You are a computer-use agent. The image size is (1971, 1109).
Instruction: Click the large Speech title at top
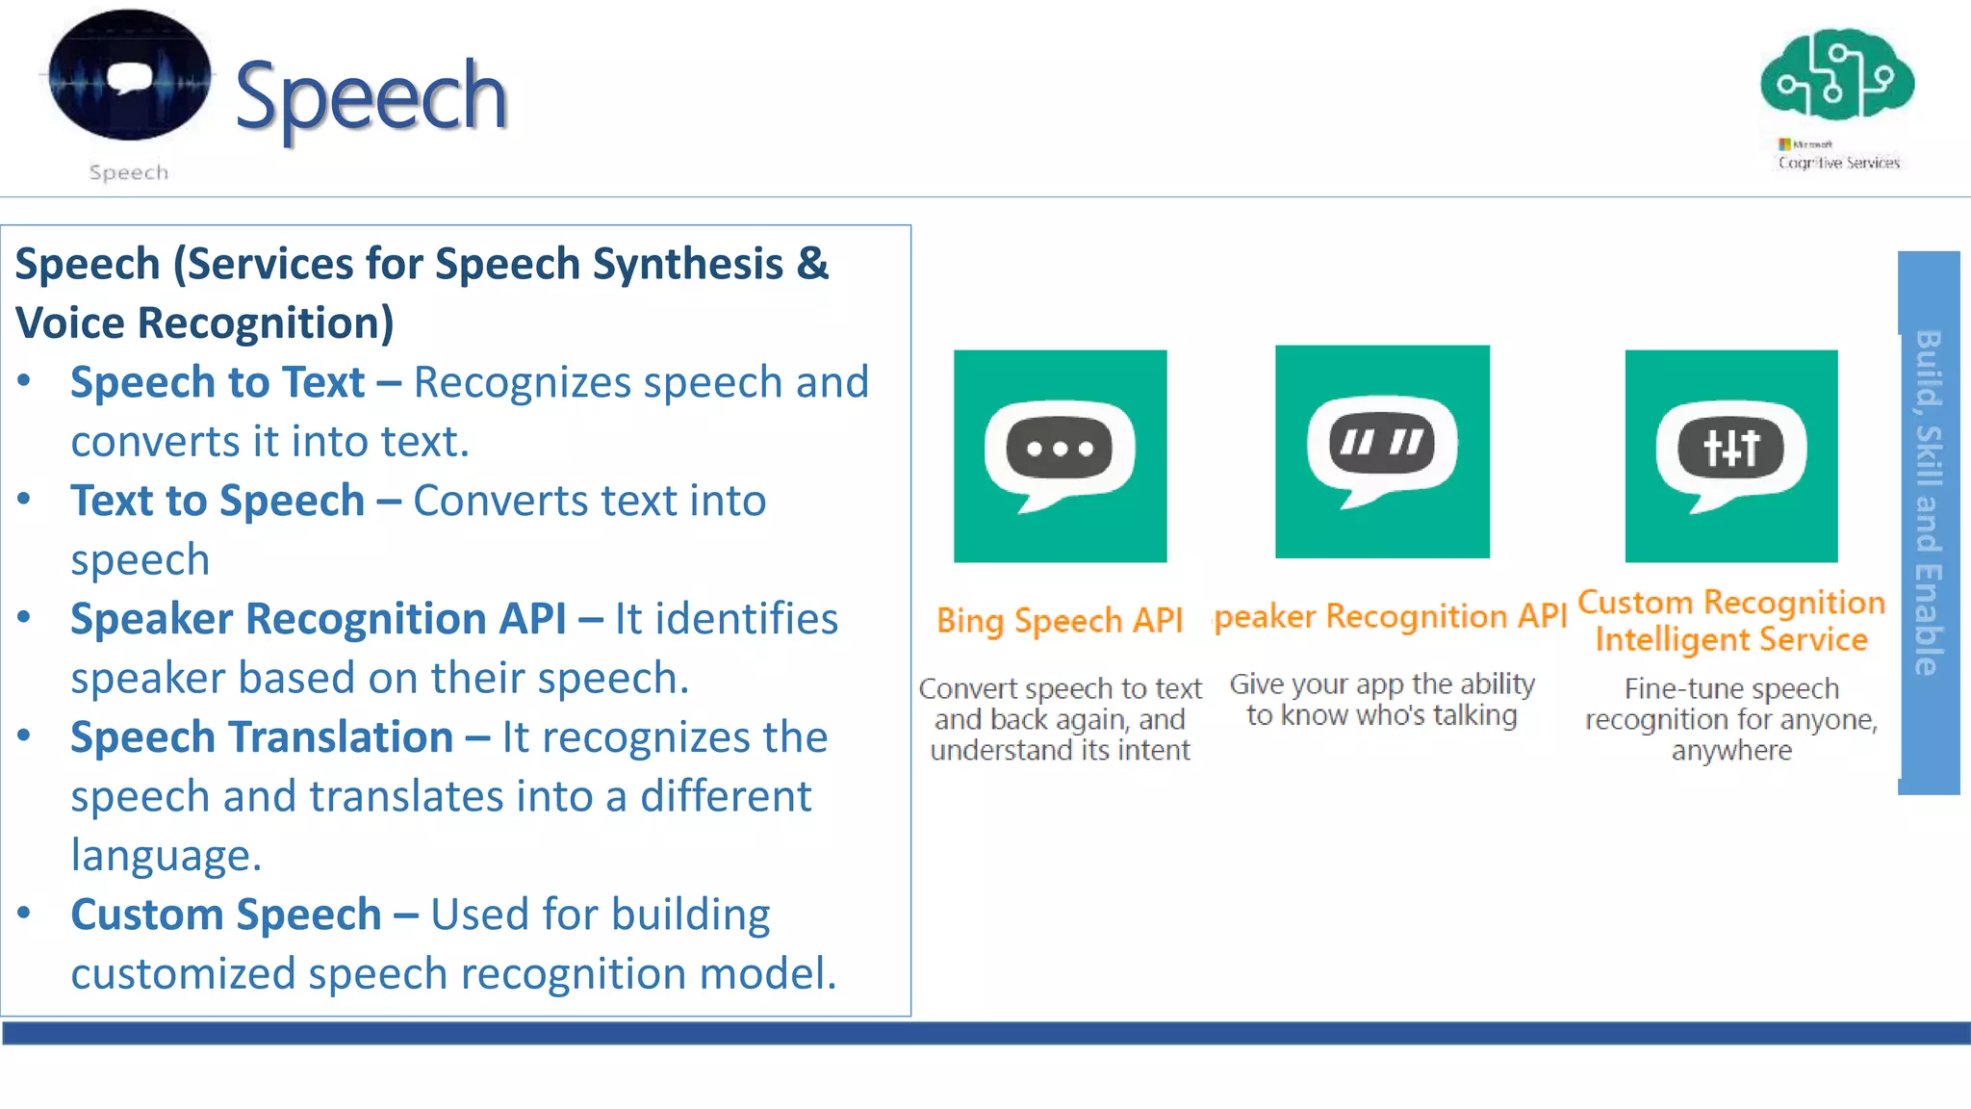click(x=370, y=96)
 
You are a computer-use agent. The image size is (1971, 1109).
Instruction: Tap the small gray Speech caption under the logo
click(x=129, y=172)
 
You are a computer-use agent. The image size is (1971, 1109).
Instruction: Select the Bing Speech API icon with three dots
click(x=1060, y=455)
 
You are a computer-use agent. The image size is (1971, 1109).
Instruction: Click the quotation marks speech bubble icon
click(x=1382, y=451)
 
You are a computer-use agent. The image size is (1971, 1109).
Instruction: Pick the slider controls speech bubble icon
click(x=1730, y=455)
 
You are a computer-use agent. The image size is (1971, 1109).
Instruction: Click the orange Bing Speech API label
click(x=1060, y=621)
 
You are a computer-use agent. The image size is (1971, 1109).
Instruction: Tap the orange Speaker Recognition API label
click(x=1391, y=616)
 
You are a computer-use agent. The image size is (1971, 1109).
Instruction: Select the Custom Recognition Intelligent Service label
click(x=1730, y=621)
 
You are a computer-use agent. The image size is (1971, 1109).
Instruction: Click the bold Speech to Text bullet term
click(x=218, y=382)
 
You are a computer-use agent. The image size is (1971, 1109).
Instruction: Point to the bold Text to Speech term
click(x=218, y=501)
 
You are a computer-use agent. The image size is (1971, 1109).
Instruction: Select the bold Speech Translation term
click(x=262, y=737)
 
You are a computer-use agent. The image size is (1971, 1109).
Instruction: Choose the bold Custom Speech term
click(x=226, y=915)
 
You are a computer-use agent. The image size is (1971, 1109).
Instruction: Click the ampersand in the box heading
click(x=812, y=264)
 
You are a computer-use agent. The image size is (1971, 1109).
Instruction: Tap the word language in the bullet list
click(x=166, y=856)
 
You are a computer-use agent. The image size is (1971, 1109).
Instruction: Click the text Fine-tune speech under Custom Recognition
click(x=1730, y=689)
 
